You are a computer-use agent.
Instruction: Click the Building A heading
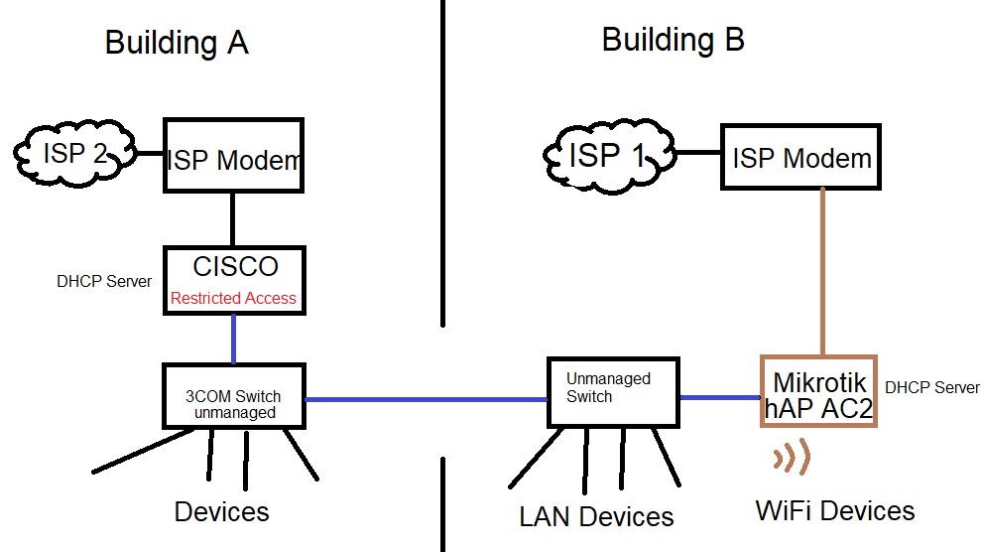tap(176, 43)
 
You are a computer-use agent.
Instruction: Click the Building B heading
tap(673, 40)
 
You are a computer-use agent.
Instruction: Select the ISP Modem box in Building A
tap(233, 156)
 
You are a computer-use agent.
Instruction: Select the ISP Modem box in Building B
tap(800, 157)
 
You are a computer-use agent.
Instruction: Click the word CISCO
tap(234, 267)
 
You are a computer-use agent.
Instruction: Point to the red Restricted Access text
tap(233, 298)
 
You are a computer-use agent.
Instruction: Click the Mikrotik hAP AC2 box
tap(819, 391)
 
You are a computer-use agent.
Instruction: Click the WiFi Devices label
tap(835, 511)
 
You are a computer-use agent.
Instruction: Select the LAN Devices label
tap(596, 516)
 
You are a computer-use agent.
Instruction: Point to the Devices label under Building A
tap(221, 511)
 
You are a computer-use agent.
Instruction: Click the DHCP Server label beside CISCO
tap(104, 281)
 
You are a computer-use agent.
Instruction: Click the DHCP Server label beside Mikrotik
tap(931, 387)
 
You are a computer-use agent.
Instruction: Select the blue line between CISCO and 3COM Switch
tap(233, 339)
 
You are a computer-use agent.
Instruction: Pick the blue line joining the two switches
tap(427, 399)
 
